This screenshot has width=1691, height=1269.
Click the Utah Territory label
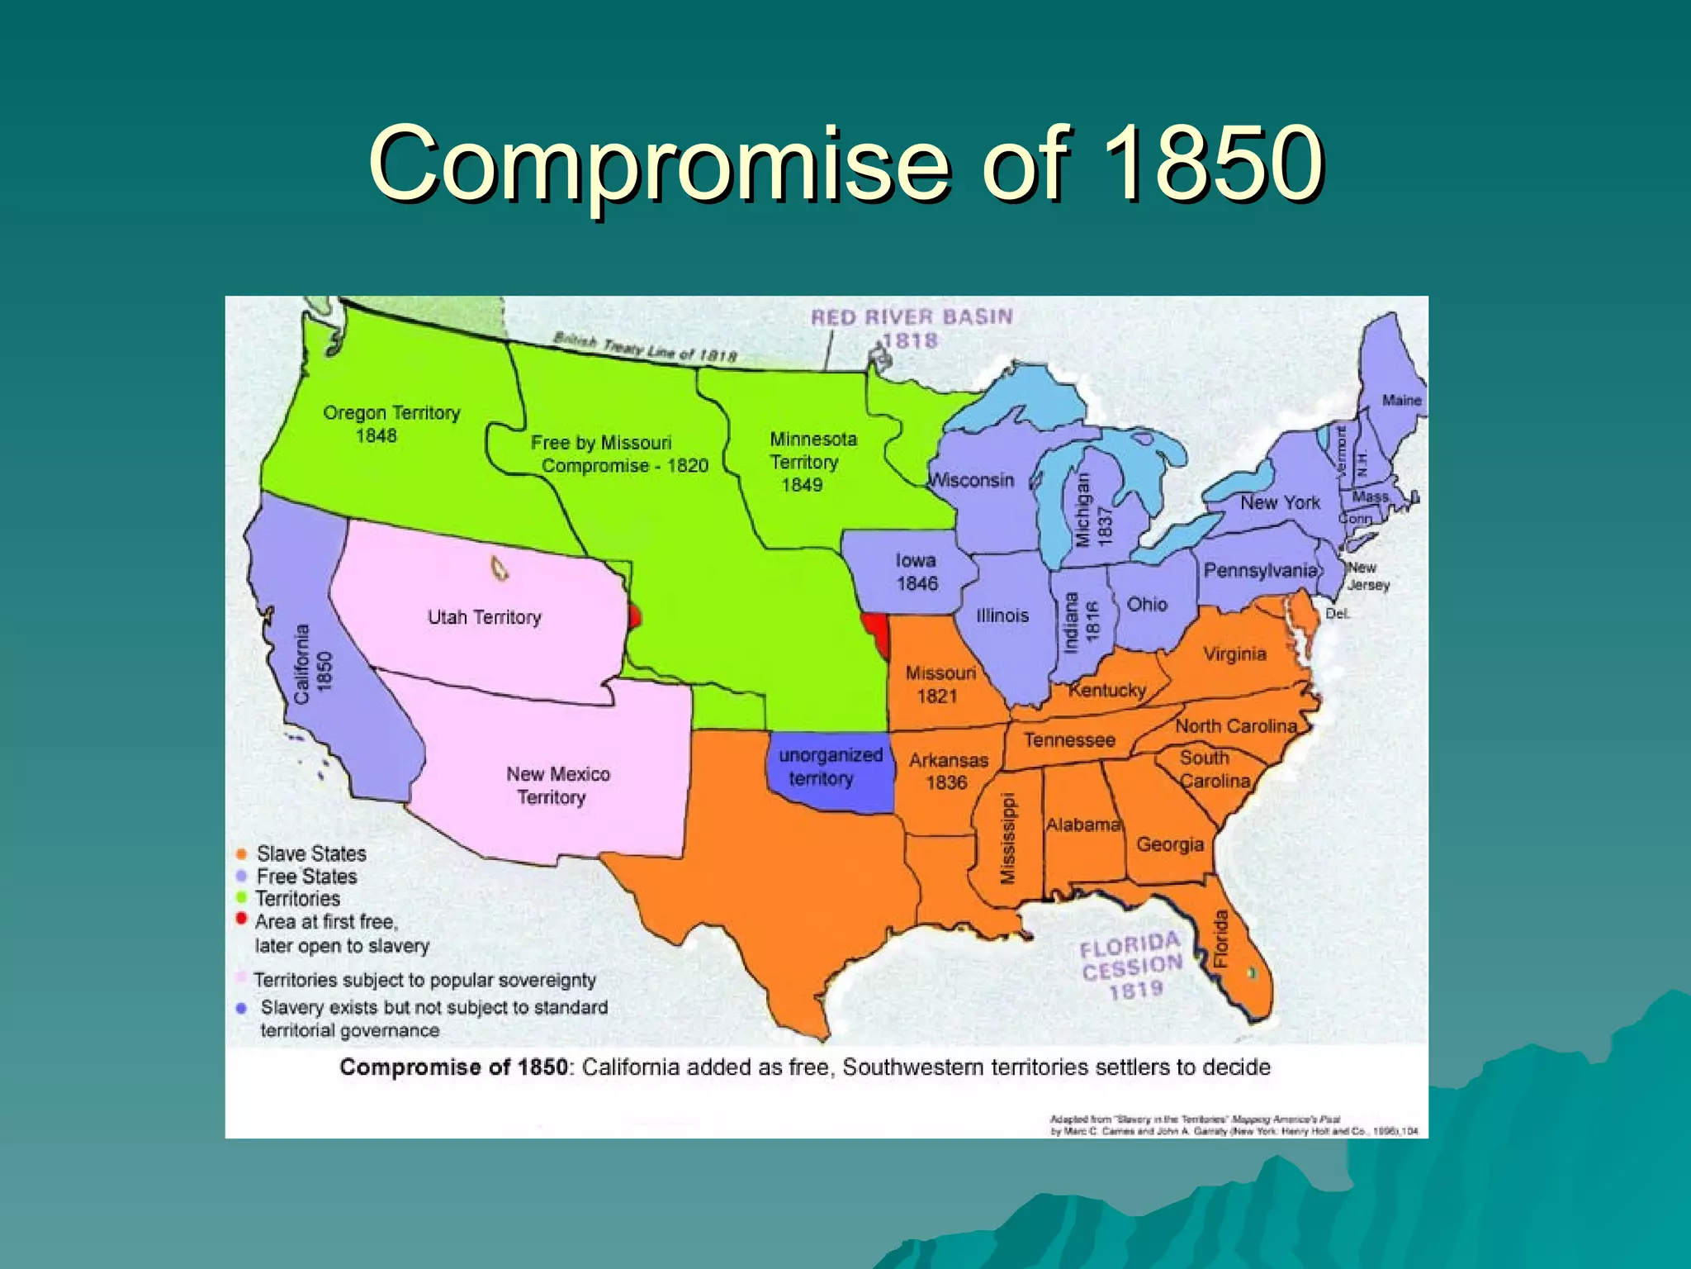pos(484,617)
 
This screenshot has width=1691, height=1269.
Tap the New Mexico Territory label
pos(557,785)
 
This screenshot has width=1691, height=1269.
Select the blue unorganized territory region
pos(830,768)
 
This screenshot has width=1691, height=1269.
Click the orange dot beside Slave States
pos(241,853)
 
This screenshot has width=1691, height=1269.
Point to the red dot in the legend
pos(241,919)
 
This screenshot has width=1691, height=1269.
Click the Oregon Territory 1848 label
pos(391,423)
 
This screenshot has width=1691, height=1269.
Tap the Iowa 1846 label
pos(917,572)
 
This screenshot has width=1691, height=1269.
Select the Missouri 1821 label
pos(940,684)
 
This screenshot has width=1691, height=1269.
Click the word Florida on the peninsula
pos(1221,939)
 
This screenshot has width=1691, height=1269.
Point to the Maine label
pos(1401,401)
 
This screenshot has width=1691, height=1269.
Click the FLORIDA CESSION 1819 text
pos(1132,966)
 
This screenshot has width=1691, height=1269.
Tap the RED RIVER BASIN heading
pos(911,317)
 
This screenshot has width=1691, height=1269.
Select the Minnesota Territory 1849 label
pos(811,462)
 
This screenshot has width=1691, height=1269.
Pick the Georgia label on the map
pos(1169,844)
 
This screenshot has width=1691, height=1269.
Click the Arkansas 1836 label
pos(948,771)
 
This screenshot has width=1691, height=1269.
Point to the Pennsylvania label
pos(1259,570)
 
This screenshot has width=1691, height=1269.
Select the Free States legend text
pos(306,876)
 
